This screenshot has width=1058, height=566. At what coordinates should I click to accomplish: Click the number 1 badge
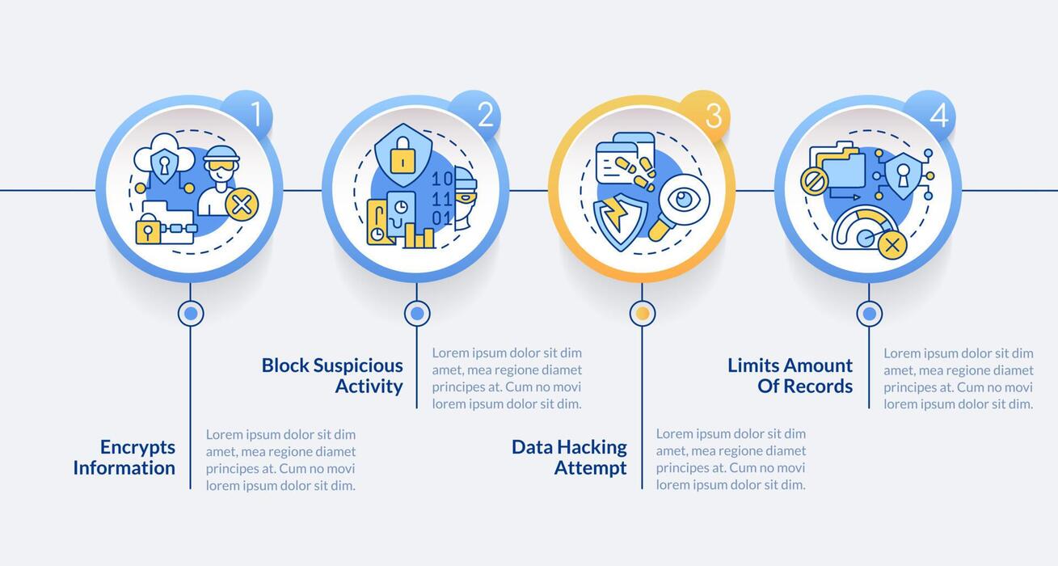point(249,115)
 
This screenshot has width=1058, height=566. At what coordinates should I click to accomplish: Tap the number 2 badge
point(477,115)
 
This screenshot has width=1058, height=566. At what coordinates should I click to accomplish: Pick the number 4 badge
point(931,115)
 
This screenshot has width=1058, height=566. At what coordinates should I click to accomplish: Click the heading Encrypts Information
point(124,458)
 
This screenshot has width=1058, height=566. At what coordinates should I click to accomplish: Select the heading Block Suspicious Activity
point(332,375)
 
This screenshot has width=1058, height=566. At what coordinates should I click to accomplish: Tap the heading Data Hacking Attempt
point(569,458)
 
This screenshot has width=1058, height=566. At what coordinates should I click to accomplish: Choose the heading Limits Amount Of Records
point(790,375)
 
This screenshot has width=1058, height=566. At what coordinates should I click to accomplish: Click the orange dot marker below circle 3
point(643,313)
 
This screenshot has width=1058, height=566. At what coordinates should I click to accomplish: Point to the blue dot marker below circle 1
point(191,313)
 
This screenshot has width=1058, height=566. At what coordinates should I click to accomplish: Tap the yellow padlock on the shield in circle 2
point(403,155)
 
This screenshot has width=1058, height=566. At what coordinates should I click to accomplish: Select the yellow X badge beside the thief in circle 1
point(241,205)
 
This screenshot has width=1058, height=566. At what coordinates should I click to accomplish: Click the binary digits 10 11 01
point(442,199)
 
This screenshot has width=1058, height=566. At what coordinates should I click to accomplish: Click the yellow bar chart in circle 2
point(419,235)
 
